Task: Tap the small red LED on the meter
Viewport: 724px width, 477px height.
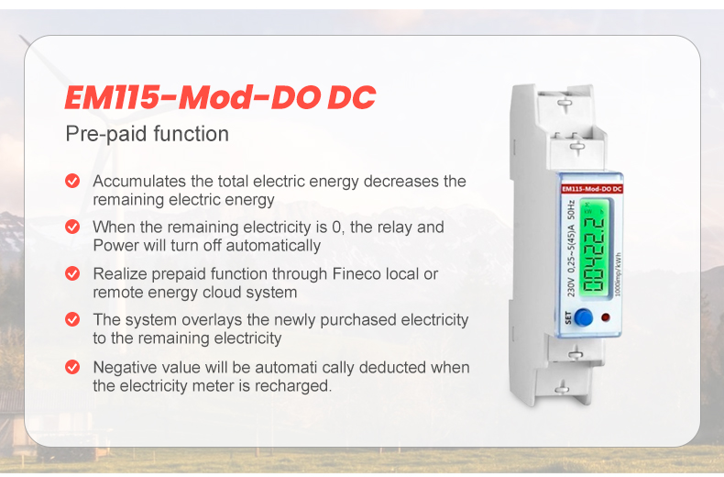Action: (x=606, y=316)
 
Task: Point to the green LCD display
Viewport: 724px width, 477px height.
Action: (x=595, y=249)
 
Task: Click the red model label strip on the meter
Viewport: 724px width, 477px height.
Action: (x=592, y=189)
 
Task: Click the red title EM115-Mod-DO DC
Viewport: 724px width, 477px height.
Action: (x=220, y=98)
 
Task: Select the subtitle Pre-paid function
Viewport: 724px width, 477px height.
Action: (x=147, y=134)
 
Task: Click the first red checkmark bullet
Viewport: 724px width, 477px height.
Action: (x=72, y=182)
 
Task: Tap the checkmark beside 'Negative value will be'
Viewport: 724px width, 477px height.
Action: (x=72, y=367)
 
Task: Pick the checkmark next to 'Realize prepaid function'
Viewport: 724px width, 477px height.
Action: (x=72, y=273)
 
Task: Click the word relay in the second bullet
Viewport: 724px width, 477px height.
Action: (x=383, y=227)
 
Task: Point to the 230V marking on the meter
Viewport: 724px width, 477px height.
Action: (x=568, y=293)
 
